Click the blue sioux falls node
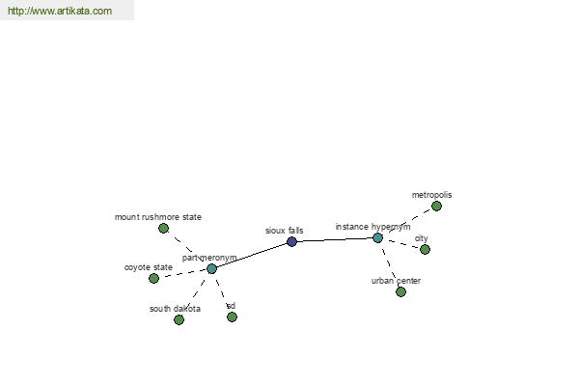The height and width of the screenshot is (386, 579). (x=291, y=242)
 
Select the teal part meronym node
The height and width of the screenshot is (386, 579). (x=211, y=268)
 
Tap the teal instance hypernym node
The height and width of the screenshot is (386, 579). (x=377, y=238)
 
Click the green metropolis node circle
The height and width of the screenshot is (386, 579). (x=436, y=207)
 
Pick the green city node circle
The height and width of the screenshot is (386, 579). (x=425, y=250)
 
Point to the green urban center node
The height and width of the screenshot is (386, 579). (x=400, y=292)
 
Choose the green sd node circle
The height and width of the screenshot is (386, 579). (x=232, y=317)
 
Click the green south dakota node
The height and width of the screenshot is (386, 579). (x=179, y=319)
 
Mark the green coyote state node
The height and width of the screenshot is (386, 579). (x=154, y=279)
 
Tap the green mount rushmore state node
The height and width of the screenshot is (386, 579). (x=164, y=229)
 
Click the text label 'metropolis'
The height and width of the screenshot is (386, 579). (x=431, y=195)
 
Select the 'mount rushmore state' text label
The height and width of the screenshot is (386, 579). (x=158, y=217)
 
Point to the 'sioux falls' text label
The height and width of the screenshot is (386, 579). (x=285, y=231)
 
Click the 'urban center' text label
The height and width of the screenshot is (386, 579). (x=396, y=281)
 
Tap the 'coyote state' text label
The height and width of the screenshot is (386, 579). (x=149, y=267)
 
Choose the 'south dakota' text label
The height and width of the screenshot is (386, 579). (x=175, y=309)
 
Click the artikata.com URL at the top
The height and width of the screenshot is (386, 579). (x=60, y=11)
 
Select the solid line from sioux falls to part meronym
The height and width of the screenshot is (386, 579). (x=252, y=255)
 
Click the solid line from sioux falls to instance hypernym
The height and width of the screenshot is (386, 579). (x=335, y=240)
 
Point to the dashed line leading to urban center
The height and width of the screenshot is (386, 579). (x=389, y=265)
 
